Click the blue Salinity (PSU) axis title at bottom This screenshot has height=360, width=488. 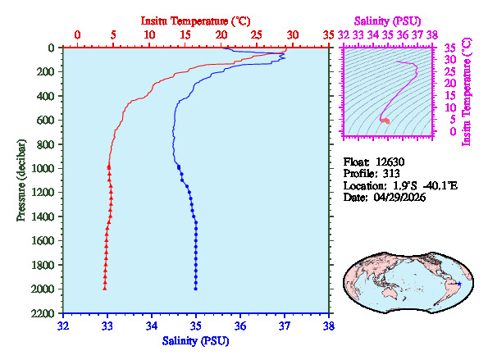196,339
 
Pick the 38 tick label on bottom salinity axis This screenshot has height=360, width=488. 329,326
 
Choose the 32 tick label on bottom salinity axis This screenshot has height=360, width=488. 64,326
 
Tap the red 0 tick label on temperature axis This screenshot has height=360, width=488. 78,34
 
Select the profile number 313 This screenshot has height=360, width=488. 390,174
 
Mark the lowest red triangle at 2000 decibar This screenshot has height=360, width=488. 105,288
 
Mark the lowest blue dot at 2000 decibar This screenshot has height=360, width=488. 195,288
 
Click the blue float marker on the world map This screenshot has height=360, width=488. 458,284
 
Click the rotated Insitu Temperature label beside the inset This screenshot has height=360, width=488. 466,90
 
